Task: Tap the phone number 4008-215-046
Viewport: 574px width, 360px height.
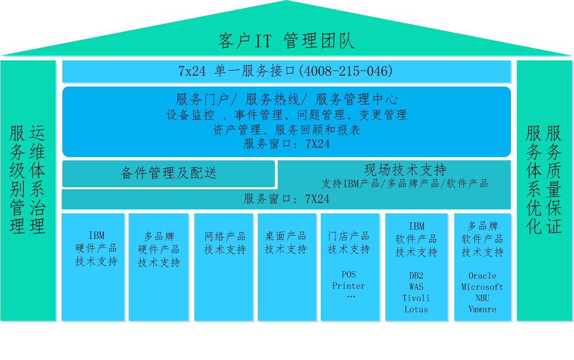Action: coord(348,71)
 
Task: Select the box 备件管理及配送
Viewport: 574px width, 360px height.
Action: coord(169,173)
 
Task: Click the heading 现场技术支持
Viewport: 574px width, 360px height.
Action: coord(405,170)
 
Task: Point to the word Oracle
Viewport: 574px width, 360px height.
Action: coord(482,276)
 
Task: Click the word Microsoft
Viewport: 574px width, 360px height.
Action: coord(482,287)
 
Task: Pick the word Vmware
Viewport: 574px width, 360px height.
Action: coord(482,310)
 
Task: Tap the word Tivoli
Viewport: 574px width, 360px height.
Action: coord(416,298)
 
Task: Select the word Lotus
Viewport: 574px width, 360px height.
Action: coord(416,310)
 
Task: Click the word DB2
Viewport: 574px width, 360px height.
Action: coord(416,276)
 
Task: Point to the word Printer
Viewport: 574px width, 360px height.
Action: coord(348,286)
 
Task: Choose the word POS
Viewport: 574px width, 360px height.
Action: coord(348,275)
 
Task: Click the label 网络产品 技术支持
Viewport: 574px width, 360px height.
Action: coord(225,243)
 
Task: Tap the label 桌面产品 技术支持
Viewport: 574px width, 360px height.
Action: coord(286,242)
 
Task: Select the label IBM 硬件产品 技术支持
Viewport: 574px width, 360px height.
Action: coord(96,248)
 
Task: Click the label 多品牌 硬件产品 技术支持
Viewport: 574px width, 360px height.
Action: coord(159,250)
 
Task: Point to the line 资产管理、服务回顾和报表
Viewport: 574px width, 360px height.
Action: coord(286,130)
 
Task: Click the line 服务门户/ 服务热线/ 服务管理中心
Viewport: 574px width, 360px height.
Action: coord(286,100)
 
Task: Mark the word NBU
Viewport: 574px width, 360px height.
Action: coord(482,298)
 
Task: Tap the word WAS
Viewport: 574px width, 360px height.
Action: coord(416,287)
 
